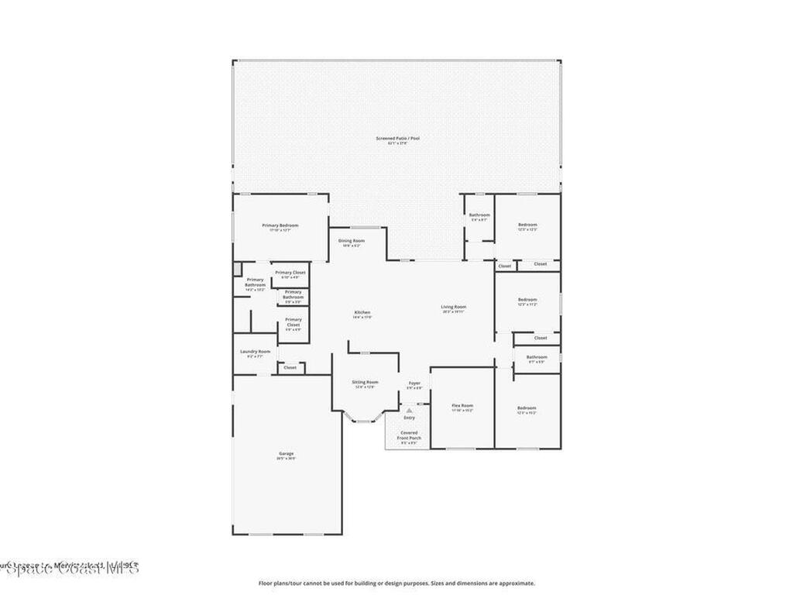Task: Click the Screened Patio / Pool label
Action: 397,138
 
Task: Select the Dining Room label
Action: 350,241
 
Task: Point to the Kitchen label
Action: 362,312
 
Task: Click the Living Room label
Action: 454,307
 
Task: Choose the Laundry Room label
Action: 255,352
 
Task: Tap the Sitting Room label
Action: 365,382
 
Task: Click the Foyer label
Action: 415,383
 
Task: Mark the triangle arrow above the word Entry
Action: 409,410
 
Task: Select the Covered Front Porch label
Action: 409,436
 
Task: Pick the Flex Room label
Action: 462,406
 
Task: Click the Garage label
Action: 286,454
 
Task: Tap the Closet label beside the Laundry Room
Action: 290,367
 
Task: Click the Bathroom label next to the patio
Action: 479,215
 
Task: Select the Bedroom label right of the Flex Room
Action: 527,408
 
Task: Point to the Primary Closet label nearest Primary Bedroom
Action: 290,273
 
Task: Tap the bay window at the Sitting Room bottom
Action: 364,419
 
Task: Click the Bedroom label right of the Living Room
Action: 527,300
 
